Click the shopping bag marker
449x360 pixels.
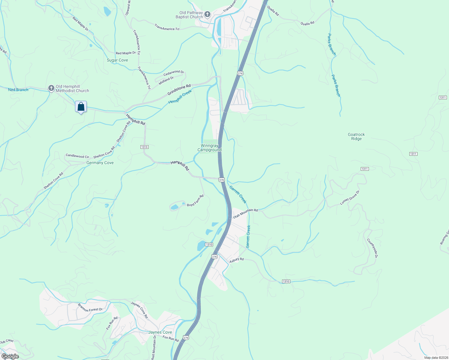click(81, 107)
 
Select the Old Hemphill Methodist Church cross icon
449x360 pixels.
click(51, 88)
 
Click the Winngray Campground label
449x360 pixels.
click(209, 148)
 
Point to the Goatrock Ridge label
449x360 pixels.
click(356, 137)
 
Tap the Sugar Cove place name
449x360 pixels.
click(117, 60)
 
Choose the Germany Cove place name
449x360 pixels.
click(100, 163)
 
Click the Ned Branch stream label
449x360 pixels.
click(18, 90)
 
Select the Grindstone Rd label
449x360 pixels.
click(179, 90)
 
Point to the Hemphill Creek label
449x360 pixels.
click(180, 97)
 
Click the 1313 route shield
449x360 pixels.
click(144, 147)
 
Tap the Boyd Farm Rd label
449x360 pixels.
click(195, 201)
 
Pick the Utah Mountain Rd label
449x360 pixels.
click(245, 213)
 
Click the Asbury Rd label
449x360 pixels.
click(237, 260)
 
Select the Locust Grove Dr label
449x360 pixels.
click(350, 198)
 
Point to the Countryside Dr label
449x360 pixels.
click(372, 248)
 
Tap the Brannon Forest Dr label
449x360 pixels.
click(90, 307)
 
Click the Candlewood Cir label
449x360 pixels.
click(77, 156)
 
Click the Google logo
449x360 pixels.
click(10, 356)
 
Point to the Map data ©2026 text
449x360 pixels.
click(435, 358)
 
